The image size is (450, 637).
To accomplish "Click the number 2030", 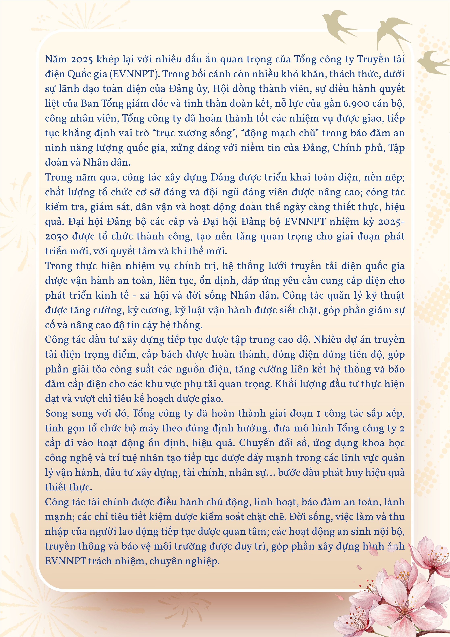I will pos(57,237).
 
